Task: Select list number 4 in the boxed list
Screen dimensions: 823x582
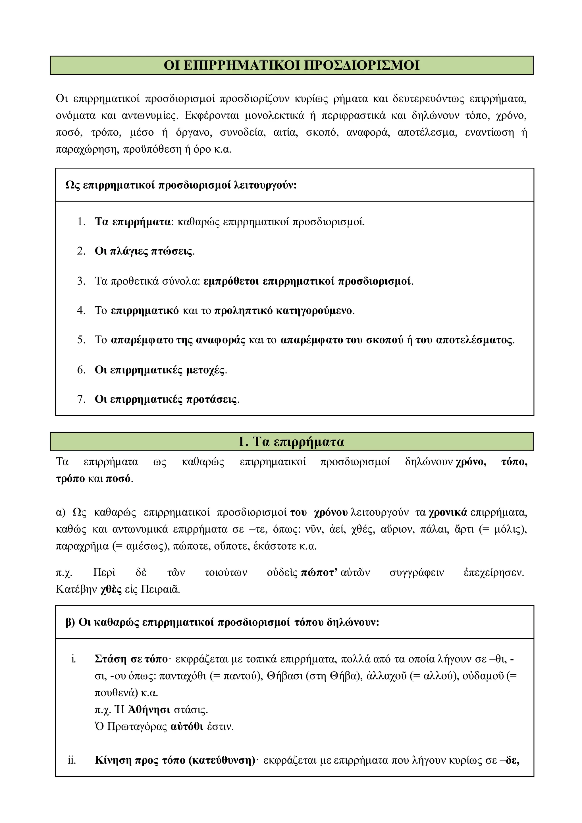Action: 81,310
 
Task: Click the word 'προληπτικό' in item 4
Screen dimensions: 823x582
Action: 243,310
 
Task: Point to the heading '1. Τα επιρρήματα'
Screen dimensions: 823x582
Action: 291,442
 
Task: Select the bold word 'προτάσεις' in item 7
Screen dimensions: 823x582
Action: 211,399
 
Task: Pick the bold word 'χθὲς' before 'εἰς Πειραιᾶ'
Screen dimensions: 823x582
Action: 111,589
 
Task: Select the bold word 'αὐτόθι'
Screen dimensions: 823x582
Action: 187,727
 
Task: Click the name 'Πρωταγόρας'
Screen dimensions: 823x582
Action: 137,727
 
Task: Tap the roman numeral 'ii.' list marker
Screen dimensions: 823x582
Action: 72,760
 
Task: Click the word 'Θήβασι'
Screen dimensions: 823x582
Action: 285,676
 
